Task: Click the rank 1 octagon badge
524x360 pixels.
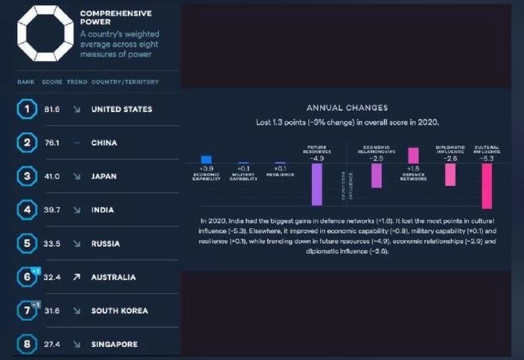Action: coord(26,109)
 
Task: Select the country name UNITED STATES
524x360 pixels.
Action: coord(121,109)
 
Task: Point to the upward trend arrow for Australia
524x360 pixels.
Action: coord(76,278)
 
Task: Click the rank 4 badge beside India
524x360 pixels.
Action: coord(26,210)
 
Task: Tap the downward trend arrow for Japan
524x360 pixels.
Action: coord(76,177)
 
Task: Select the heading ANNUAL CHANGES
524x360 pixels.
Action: coord(347,108)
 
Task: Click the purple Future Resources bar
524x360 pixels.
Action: coord(317,184)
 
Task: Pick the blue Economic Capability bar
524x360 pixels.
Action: coord(206,159)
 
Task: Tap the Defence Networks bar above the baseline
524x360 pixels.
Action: coord(413,155)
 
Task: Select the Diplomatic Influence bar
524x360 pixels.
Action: coord(450,174)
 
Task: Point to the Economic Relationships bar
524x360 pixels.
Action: coord(377,175)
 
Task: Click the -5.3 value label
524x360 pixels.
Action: coord(487,158)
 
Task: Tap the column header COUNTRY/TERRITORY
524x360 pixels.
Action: coord(124,82)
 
